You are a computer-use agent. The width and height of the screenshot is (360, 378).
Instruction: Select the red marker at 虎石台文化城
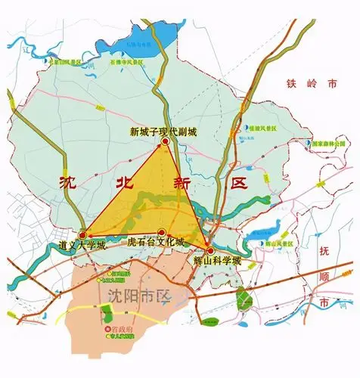tap(161, 234)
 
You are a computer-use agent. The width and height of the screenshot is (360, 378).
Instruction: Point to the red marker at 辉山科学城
tap(211, 249)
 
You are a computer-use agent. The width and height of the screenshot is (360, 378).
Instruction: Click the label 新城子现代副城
tap(163, 132)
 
